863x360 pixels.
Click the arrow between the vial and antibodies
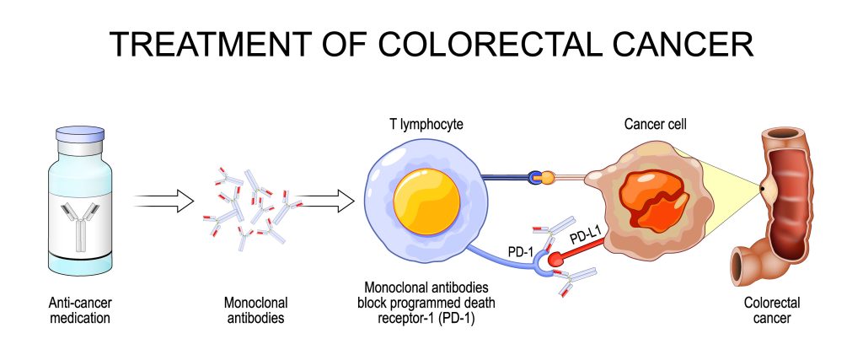click(164, 201)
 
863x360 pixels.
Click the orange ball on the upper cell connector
click(549, 178)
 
